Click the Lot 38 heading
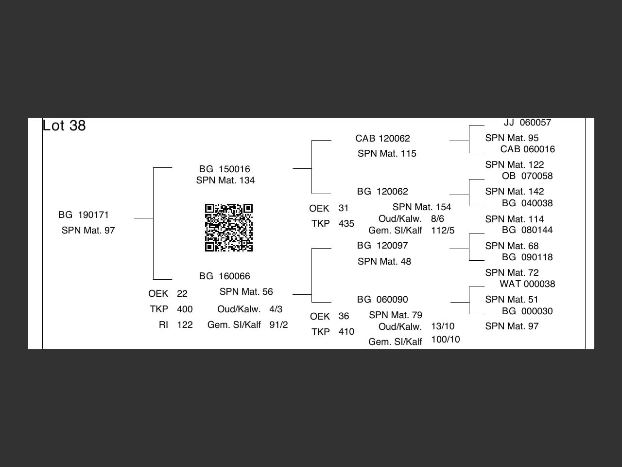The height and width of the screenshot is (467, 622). coord(64,126)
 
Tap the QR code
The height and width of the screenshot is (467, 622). coord(229,228)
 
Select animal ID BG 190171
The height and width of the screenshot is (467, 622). coord(84,215)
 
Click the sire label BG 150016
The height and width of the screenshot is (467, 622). coord(225,169)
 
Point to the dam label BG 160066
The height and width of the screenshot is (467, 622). coord(225,276)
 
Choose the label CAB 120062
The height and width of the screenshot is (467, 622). coord(382,138)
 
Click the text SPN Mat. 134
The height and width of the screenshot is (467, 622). coord(225,180)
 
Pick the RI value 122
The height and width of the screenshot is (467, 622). coord(185,324)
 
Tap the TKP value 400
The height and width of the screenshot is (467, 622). coord(185,309)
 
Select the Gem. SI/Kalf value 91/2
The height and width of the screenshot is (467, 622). coord(278,324)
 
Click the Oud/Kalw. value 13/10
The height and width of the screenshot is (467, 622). coord(443,326)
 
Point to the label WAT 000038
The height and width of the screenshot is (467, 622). coord(527,284)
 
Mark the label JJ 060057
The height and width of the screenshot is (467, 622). coord(527,122)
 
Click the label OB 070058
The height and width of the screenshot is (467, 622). coord(527,176)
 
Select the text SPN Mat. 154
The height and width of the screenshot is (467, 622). coord(422,207)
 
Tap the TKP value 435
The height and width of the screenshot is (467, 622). coord(346,223)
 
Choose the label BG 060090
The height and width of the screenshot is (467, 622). coord(382,299)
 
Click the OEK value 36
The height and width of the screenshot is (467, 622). coord(344,316)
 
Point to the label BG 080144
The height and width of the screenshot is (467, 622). coord(527,230)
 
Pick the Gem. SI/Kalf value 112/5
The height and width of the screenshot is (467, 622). coord(443,230)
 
